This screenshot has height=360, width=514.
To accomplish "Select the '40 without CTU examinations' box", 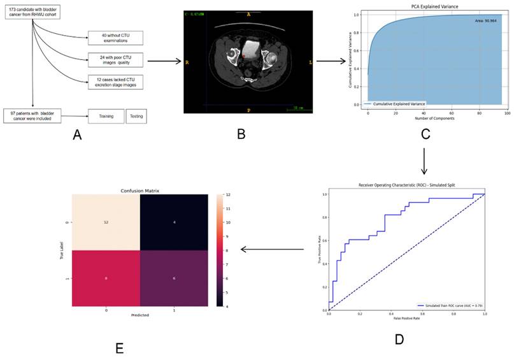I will (115, 38).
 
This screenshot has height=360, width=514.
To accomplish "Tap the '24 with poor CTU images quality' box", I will (115, 61).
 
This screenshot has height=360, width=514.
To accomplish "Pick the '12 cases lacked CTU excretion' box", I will (115, 82).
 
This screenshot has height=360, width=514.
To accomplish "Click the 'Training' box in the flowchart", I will (104, 117).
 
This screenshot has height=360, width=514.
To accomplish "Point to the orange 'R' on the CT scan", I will (187, 62).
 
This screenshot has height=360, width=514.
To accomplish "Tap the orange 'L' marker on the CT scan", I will (310, 62).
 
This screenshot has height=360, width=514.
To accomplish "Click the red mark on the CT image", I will (243, 56).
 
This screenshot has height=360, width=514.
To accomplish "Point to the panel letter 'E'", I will (119, 348).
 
